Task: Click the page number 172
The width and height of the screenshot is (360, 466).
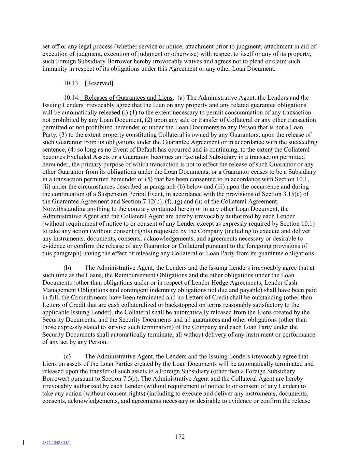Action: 180,437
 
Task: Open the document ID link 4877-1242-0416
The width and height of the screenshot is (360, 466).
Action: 56,443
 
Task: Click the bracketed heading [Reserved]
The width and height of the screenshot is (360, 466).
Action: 99,83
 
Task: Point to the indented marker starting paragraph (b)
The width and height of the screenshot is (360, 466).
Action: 67,268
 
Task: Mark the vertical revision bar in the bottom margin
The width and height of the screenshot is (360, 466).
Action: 23,443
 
